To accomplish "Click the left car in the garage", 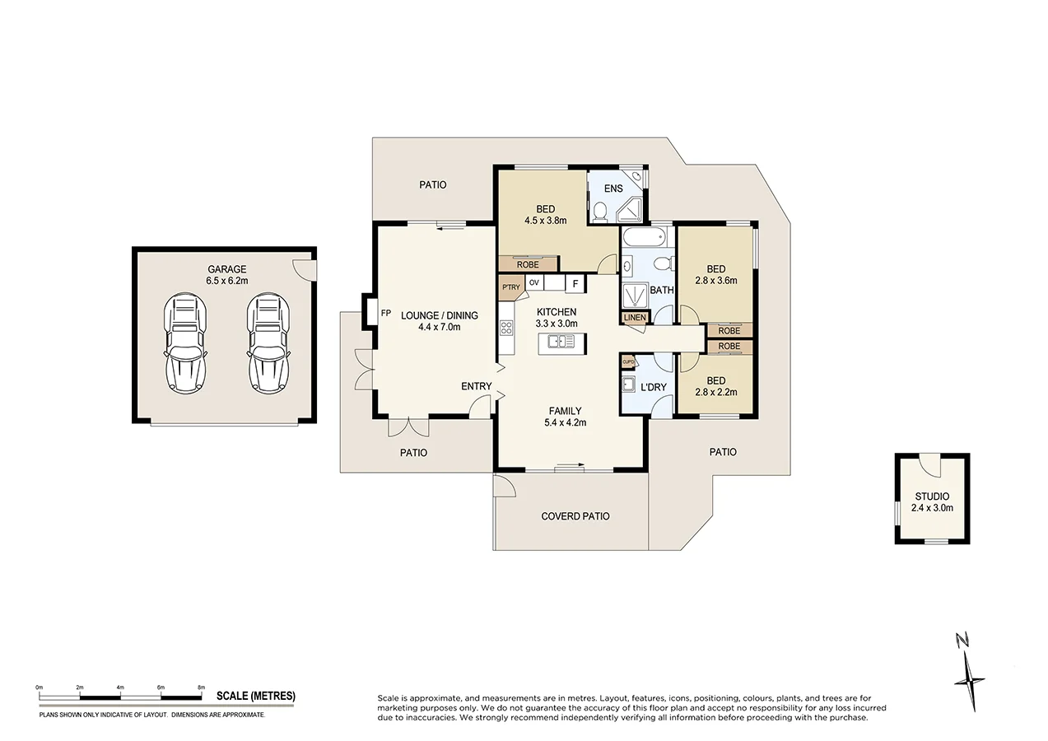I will pos(186,344).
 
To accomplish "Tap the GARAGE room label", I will pos(226,269).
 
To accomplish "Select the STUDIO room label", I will pos(932,496).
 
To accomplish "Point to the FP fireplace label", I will pos(385,314).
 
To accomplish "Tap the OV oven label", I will pos(534,283).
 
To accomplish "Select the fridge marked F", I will pos(575,284).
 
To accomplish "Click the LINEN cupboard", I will pos(635,317).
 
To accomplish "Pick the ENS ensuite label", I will pos(613,189).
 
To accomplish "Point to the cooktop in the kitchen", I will pos(505,330).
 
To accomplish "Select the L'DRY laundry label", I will pos(653,387).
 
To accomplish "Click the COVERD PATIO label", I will pos(575,516).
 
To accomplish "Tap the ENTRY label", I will pos(476,386).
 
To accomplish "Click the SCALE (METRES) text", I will pos(255,697).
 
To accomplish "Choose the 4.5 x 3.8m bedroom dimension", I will pos(545,221).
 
